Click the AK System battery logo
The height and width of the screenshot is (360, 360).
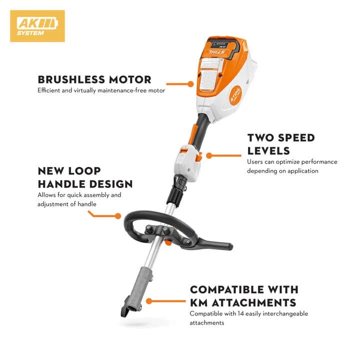tap(37, 26)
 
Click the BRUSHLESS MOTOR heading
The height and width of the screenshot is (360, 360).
tap(94, 79)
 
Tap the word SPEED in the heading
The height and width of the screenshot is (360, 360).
tap(293, 138)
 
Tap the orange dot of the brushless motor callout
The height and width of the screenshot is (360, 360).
tap(190, 84)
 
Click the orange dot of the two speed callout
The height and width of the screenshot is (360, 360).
tap(209, 155)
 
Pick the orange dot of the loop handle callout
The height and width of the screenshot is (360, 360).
tap(118, 216)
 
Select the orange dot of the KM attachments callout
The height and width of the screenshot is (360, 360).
tap(148, 301)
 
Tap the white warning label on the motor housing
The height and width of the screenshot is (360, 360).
tap(209, 72)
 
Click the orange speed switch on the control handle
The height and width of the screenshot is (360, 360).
tap(198, 156)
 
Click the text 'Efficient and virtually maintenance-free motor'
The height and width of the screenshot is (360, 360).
tap(101, 90)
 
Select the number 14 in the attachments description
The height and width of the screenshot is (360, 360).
tap(237, 313)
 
